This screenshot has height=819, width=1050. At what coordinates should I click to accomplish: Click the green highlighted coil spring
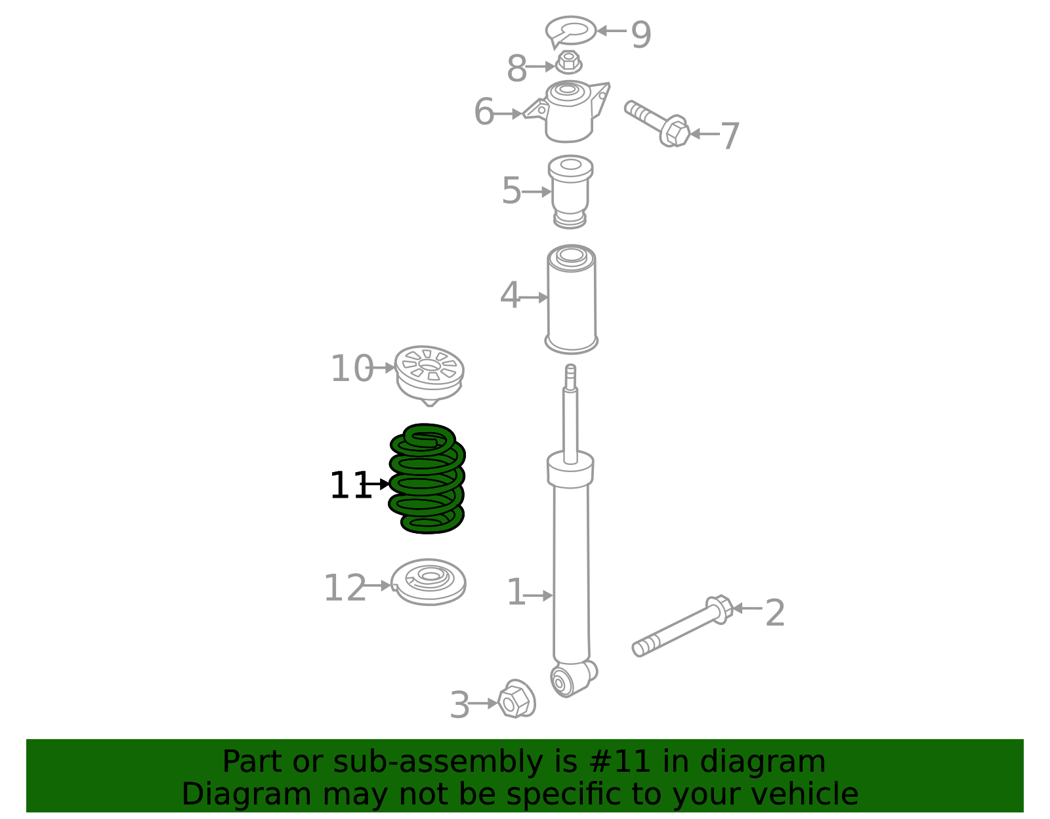(427, 479)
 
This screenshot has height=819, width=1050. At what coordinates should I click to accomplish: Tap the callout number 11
(350, 486)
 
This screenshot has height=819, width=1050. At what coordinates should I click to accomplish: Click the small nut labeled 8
(568, 63)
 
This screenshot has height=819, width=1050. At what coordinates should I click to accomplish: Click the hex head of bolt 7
(675, 131)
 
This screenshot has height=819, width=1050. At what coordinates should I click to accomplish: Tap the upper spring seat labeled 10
(430, 373)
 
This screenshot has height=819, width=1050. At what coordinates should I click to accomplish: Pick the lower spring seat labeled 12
(429, 582)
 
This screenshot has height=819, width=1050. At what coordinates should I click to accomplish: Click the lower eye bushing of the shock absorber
(562, 682)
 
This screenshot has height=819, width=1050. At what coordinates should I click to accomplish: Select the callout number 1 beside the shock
(516, 593)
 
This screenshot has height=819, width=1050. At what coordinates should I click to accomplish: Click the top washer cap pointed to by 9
(570, 30)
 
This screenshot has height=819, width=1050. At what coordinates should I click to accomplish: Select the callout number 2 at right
(774, 613)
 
